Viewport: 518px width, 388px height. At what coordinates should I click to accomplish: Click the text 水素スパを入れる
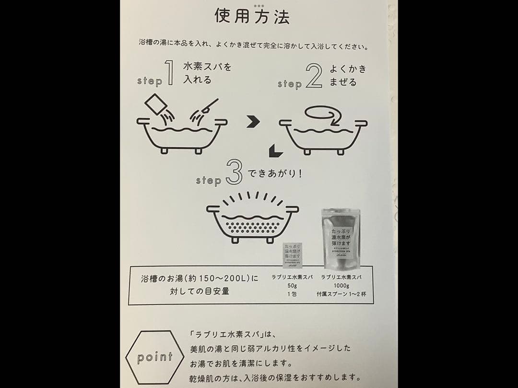click(206, 73)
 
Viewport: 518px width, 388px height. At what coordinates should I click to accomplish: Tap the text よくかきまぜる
click(347, 76)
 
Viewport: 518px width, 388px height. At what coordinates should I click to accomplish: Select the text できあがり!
click(275, 174)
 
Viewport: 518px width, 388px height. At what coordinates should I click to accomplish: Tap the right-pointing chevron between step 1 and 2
click(253, 123)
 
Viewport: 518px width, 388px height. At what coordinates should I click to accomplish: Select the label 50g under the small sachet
click(292, 285)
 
